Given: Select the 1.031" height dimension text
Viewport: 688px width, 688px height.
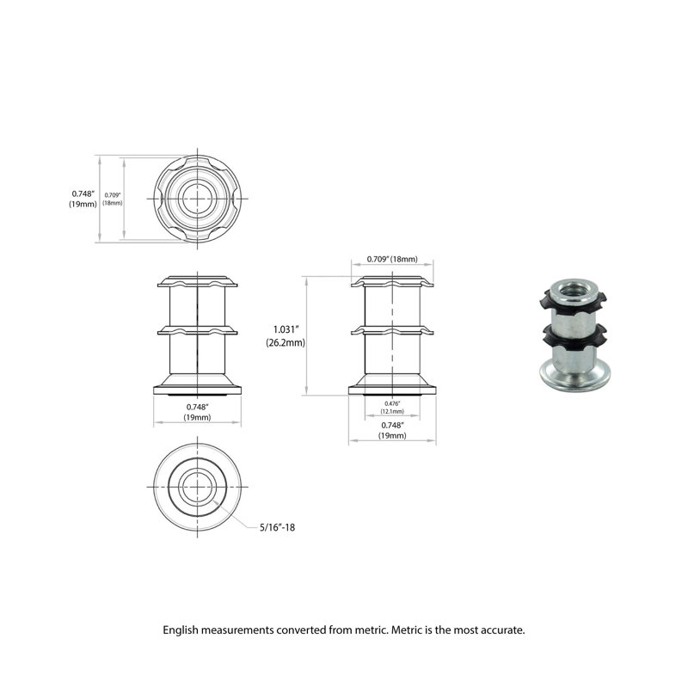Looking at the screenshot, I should [285, 329].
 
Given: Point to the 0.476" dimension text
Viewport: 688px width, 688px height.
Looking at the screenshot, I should [392, 402].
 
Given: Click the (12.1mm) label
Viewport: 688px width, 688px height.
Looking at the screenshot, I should [392, 411].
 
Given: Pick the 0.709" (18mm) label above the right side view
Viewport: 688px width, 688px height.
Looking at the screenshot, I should [392, 259].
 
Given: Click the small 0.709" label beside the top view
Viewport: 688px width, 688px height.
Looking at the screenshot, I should [113, 195].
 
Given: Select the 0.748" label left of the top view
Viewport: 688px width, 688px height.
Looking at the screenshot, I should [83, 193].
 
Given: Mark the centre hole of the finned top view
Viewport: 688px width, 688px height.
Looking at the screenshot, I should [198, 198].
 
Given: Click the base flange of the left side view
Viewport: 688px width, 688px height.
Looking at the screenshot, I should [197, 384].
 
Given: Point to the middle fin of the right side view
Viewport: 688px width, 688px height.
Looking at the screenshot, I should [392, 329].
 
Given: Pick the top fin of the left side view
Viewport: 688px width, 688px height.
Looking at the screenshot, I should [197, 281].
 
